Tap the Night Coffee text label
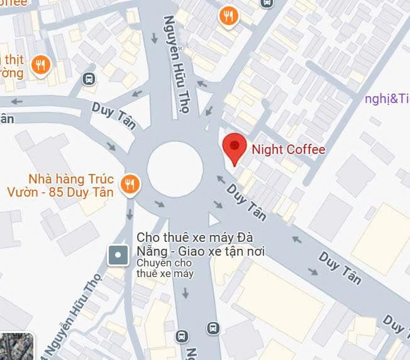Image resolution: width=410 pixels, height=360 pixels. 288,150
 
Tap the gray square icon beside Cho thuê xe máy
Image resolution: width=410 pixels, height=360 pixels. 118,255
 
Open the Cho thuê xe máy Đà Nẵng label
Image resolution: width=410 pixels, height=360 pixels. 201,245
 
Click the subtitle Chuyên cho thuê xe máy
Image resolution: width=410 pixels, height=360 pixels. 164,268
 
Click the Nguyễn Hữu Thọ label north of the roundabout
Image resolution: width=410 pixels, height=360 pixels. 177,65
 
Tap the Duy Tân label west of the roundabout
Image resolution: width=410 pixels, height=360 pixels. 114,115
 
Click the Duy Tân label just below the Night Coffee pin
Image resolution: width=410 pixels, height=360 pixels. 247,201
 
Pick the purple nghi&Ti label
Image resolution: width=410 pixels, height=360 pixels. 387,99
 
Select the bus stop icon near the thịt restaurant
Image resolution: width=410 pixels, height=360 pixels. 89,79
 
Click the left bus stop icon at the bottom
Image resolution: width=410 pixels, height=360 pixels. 182,336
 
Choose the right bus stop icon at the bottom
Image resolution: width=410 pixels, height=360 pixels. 213,329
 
